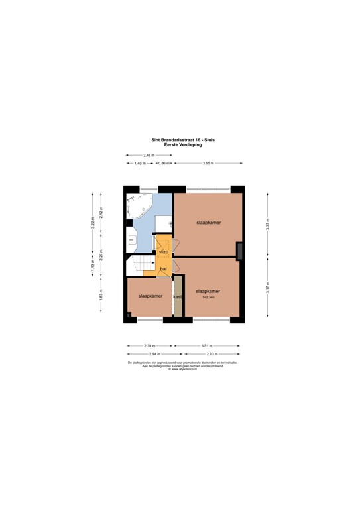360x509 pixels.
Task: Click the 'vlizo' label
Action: (x=164, y=252)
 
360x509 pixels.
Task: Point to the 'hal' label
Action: (x=163, y=268)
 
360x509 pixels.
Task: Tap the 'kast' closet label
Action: (x=177, y=296)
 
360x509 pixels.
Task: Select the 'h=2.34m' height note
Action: (x=208, y=297)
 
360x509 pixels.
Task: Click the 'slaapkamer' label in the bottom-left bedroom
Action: (x=150, y=296)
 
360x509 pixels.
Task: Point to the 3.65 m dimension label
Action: (x=208, y=163)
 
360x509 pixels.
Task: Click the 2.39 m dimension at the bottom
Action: (x=150, y=345)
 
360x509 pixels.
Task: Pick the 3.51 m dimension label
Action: (x=208, y=345)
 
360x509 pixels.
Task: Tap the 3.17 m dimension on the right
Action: (x=267, y=288)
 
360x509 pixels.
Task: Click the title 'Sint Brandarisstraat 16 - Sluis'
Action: (x=180, y=140)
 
